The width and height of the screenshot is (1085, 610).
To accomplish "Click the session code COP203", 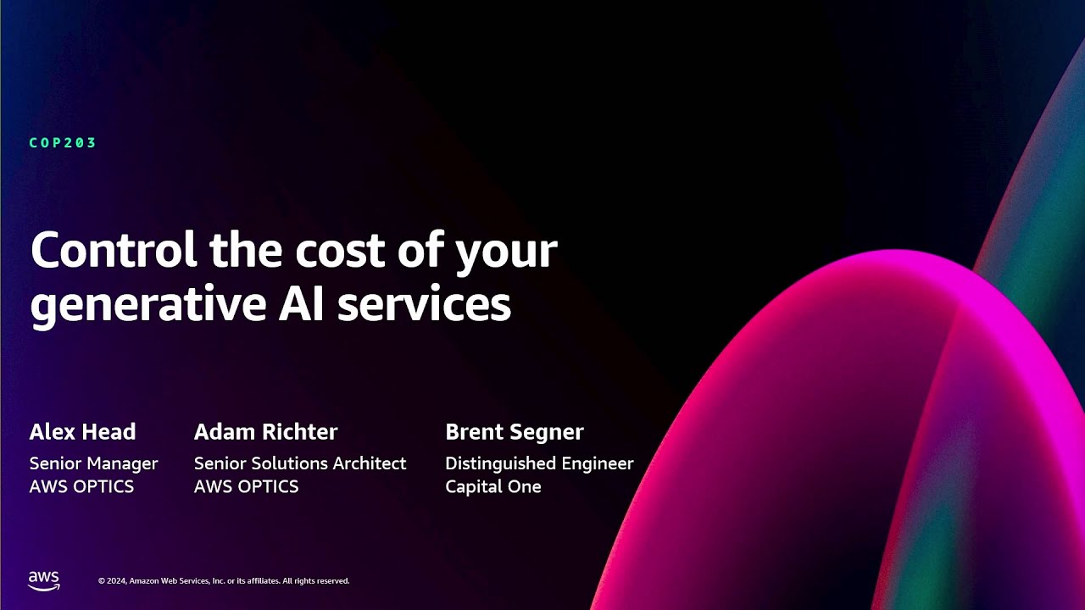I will coord(63,143).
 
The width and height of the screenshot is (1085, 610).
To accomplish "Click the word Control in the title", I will coord(114,251).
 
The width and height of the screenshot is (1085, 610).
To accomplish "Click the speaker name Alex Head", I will coord(82,432).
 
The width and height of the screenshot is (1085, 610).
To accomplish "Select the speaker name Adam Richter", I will coord(265,432).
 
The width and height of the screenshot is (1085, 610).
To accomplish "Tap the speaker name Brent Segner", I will coord(514,432).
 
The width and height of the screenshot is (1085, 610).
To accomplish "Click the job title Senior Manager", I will coord(93,463).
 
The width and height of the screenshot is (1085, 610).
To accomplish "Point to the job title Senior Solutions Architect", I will coord(300,463).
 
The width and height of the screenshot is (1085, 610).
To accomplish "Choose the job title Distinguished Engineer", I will coord(539,463).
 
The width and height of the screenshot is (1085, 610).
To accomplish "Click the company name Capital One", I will coord(492,487).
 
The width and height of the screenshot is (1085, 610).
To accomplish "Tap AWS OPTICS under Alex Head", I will coord(81,487).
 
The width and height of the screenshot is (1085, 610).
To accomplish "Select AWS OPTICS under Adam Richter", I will coord(246,487).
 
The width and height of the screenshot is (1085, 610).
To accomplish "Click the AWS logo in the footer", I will coord(44,580).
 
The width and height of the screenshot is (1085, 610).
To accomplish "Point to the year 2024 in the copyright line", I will coord(117,581).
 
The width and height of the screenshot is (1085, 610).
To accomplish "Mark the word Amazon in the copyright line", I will coord(143,581).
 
